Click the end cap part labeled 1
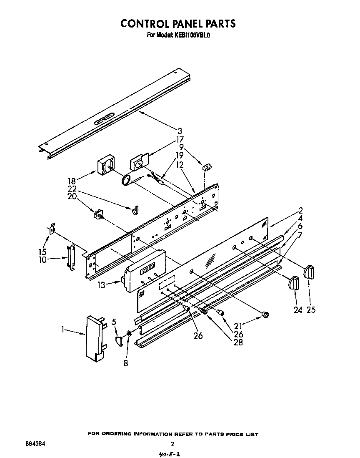[x=94, y=337]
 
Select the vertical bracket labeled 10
[x=71, y=257]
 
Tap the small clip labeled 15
[x=51, y=229]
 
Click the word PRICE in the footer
[x=234, y=434]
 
